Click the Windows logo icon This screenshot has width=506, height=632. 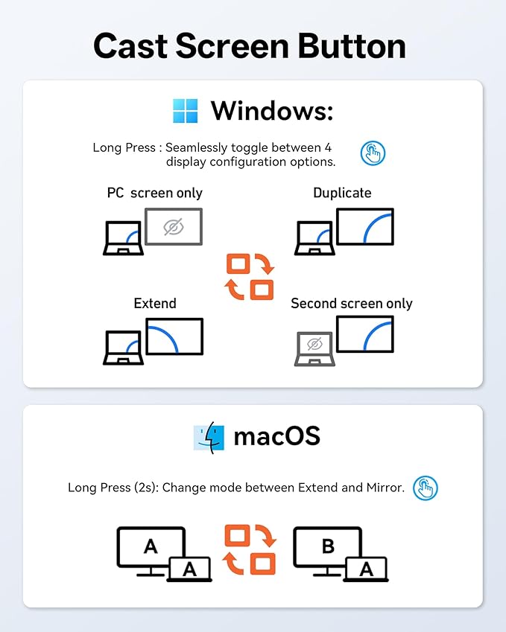point(186,110)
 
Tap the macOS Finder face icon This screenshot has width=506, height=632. point(209,438)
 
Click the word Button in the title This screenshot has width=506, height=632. point(352,46)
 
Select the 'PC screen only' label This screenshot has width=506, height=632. point(154,193)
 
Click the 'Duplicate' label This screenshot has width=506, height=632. point(342,193)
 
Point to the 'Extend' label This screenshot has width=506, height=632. point(155,303)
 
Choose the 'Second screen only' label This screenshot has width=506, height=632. point(352,303)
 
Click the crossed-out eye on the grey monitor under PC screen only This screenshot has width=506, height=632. point(174,227)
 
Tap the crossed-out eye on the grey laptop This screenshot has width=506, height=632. point(314,344)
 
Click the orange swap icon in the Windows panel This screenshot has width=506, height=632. point(250,276)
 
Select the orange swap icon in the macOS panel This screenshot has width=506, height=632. point(250,549)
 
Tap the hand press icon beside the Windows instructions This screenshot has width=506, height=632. point(373,153)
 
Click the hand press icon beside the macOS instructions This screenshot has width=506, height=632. point(426,488)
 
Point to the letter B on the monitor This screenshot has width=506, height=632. point(328,546)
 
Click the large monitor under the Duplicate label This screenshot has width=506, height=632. point(365,226)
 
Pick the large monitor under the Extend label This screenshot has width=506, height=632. point(174,336)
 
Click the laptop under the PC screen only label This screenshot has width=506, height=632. point(124,237)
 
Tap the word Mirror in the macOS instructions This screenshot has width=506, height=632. point(385,488)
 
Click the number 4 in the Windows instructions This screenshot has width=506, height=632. point(328,147)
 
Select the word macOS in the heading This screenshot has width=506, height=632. point(276,436)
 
